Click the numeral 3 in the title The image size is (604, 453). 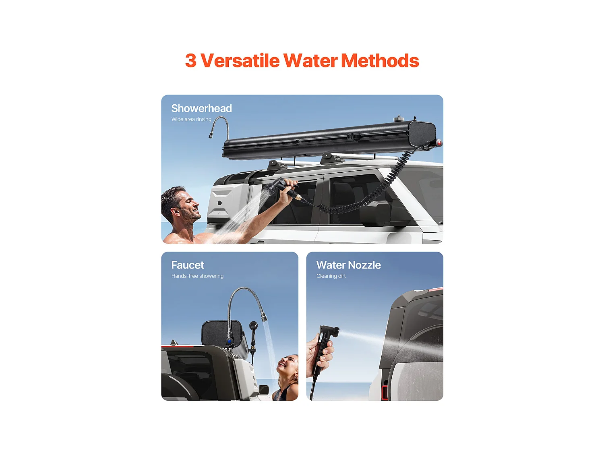point(191,61)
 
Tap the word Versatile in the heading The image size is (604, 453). point(240,61)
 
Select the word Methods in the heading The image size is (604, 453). point(380,61)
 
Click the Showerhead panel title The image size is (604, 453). point(201,108)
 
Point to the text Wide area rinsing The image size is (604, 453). point(191,119)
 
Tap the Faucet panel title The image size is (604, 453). point(188,265)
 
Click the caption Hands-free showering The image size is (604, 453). point(197,276)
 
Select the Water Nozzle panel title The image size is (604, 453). point(348,265)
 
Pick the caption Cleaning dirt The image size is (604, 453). point(331,276)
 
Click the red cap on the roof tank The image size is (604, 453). point(439,143)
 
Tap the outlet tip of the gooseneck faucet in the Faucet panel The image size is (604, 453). point(265,318)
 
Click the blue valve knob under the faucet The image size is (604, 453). point(230,341)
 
